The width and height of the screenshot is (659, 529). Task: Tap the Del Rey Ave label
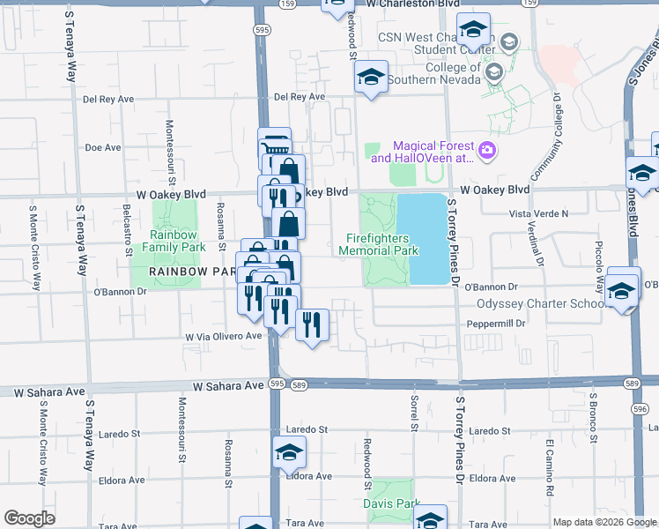click(x=300, y=97)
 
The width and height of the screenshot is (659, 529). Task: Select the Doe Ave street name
click(x=102, y=147)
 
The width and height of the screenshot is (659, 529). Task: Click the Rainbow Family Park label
click(x=177, y=242)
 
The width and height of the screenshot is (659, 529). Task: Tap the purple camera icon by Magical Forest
click(x=487, y=153)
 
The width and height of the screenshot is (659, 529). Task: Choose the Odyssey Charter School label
click(x=540, y=304)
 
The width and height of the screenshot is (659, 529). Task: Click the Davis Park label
click(x=391, y=503)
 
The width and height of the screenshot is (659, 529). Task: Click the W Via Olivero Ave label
click(x=223, y=337)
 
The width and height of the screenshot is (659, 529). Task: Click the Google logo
click(x=30, y=518)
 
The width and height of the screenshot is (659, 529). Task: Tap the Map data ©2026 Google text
click(x=604, y=522)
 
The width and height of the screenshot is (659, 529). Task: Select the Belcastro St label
click(x=128, y=226)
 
